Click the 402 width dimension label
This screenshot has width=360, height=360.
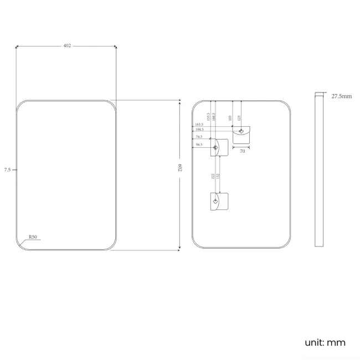pos(67,46)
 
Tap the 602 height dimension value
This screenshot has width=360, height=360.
pos(181,168)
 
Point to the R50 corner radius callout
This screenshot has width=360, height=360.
pos(33,237)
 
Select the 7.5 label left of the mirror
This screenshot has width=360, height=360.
pos(7,169)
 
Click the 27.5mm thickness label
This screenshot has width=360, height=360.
pos(342,96)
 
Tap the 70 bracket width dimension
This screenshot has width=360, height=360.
pos(242,151)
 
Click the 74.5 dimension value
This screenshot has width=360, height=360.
pos(198,136)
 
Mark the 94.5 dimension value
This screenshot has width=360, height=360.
pos(198,145)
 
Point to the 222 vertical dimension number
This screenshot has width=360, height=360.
pos(213,176)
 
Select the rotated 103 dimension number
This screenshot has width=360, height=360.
pos(230,118)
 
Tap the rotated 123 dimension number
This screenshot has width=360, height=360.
pos(239,118)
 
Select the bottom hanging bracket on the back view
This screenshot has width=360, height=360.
pos(219,201)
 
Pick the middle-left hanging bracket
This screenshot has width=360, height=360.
pos(219,147)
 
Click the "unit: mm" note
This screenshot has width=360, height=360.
pos(325,342)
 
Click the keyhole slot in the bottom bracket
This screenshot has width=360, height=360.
pos(215,202)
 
